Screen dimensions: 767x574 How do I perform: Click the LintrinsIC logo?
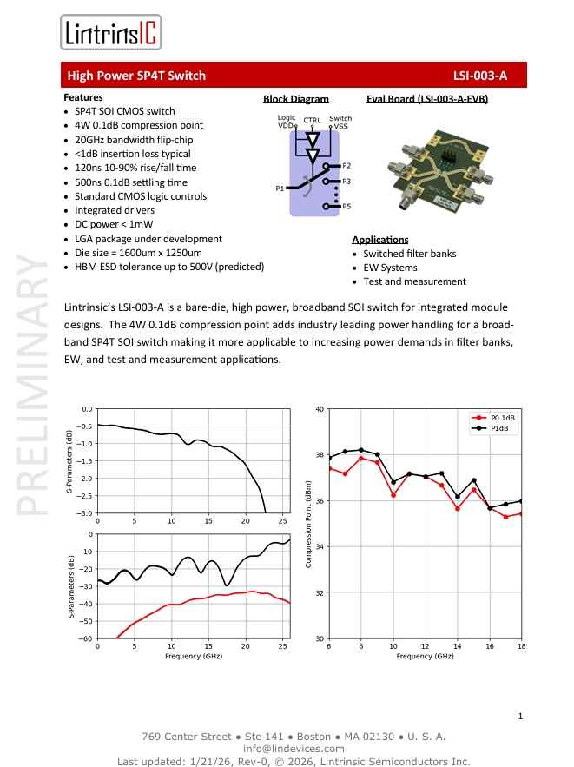(x=110, y=33)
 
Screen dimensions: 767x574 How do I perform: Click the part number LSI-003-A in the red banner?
(x=479, y=76)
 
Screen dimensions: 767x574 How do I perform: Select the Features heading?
(x=83, y=97)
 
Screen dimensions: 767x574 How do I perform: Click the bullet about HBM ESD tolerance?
(x=168, y=267)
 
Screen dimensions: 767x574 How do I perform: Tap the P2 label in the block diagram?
(x=346, y=165)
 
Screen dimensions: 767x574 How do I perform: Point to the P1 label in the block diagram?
(x=280, y=188)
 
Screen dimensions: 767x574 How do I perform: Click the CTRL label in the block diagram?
(x=312, y=120)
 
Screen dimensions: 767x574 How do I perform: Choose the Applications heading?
(x=379, y=240)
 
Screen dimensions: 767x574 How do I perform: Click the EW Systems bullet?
(x=390, y=268)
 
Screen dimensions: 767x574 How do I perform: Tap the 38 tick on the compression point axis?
(x=320, y=455)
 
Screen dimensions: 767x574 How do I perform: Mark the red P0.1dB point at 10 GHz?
(x=393, y=495)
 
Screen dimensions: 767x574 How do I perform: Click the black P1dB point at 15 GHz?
(x=473, y=480)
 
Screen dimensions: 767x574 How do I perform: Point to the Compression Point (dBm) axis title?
(x=308, y=524)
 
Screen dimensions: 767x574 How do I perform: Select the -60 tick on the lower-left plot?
(x=86, y=638)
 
